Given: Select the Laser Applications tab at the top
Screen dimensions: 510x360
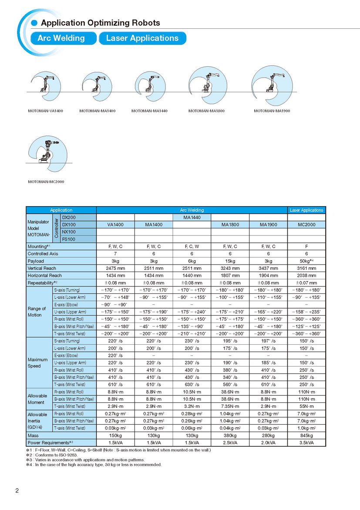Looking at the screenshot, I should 142,38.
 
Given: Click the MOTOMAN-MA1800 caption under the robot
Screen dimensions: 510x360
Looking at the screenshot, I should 206,111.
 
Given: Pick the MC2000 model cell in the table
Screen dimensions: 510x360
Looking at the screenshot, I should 307,224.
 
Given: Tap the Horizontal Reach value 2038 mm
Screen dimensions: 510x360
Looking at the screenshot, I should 307,275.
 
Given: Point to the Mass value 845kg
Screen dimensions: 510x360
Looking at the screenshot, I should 307,435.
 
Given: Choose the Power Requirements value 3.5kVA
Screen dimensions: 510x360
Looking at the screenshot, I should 307,442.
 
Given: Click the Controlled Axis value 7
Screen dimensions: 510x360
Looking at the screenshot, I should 115,254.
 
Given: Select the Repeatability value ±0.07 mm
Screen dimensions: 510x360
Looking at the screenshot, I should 307,283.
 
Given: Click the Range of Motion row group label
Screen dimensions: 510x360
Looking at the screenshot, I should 35,312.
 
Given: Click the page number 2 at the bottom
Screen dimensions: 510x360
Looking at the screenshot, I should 17,491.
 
